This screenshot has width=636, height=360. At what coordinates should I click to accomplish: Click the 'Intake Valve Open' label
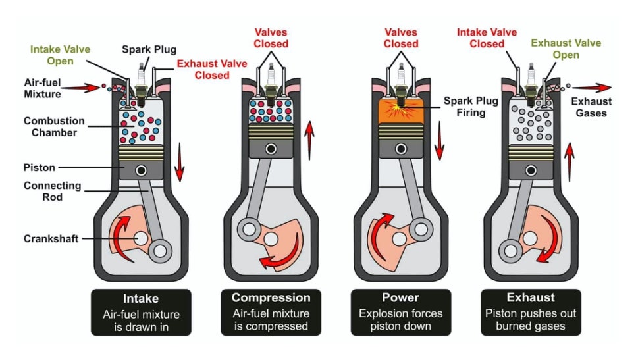[60, 55]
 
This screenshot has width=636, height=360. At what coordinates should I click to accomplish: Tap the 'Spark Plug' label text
[149, 49]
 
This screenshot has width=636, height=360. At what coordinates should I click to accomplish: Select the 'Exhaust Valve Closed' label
[212, 69]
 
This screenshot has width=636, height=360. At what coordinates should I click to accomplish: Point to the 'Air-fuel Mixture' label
[42, 88]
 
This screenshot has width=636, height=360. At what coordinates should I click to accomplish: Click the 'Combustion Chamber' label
[54, 126]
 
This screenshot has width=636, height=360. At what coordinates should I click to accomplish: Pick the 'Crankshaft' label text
[51, 238]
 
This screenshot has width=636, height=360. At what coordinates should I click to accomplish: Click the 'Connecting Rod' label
[52, 191]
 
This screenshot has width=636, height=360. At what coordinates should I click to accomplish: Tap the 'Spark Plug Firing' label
[471, 106]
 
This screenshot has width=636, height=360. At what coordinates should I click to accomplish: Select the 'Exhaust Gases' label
[591, 107]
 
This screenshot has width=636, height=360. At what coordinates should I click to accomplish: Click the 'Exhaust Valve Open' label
[566, 49]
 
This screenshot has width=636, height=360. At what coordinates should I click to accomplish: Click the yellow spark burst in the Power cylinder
[400, 108]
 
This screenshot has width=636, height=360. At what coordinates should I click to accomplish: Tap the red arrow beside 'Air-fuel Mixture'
[80, 87]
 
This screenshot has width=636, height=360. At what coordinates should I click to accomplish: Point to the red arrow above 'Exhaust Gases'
[592, 87]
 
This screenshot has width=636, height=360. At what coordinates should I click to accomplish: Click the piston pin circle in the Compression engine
[271, 149]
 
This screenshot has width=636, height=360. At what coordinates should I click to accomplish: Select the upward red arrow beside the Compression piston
[309, 140]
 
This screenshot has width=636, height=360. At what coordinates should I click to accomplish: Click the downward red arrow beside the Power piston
[439, 140]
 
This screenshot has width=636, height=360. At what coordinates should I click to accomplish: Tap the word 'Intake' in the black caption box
[141, 298]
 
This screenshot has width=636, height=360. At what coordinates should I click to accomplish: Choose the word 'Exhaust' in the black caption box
[531, 297]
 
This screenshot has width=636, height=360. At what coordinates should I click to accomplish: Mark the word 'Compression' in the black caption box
[271, 298]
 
